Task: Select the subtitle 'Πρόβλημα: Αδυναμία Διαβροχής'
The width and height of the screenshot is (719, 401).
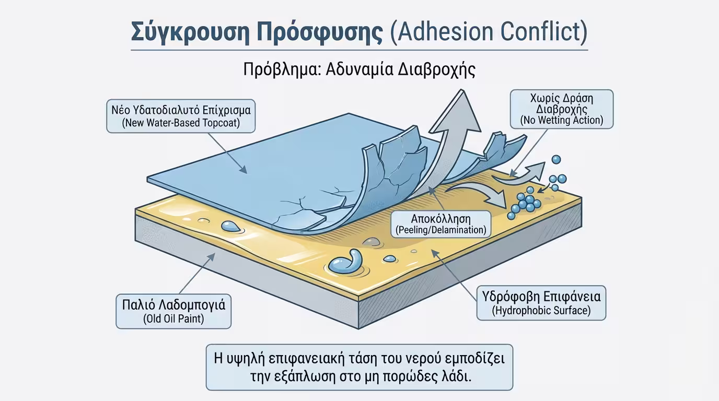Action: [359, 69]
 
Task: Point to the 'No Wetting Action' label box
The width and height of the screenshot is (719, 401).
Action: [561, 109]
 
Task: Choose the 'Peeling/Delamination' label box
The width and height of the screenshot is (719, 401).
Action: [441, 223]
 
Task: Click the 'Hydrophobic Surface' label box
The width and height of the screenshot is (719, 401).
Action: [541, 303]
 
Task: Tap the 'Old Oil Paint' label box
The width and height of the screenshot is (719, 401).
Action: [173, 311]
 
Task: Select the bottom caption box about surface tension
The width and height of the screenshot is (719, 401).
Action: [359, 367]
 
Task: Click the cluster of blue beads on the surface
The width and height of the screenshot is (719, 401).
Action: [526, 201]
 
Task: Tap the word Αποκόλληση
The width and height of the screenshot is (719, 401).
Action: [441, 218]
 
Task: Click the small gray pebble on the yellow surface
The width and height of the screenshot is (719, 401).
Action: [371, 241]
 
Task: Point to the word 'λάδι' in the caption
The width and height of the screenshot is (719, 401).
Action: [457, 376]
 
